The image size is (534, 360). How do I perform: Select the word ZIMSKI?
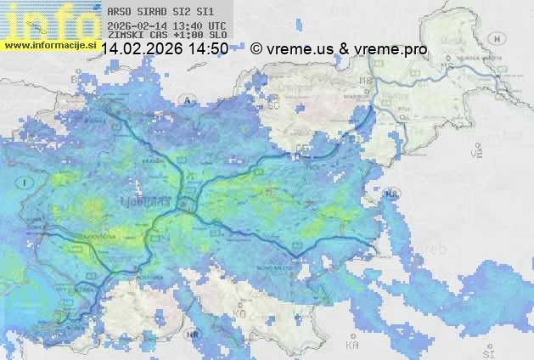click(x=125, y=36)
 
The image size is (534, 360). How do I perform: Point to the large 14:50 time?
click(x=208, y=49)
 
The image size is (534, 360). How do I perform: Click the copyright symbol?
click(x=256, y=49)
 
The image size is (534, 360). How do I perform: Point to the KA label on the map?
click(x=351, y=346)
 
